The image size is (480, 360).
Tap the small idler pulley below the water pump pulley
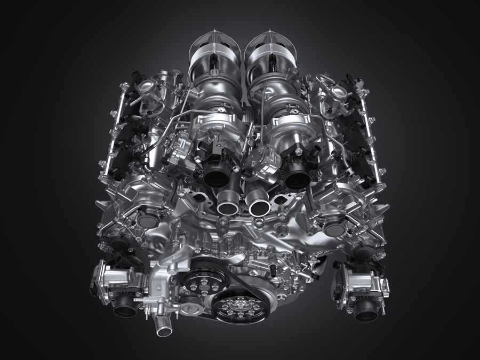188,307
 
